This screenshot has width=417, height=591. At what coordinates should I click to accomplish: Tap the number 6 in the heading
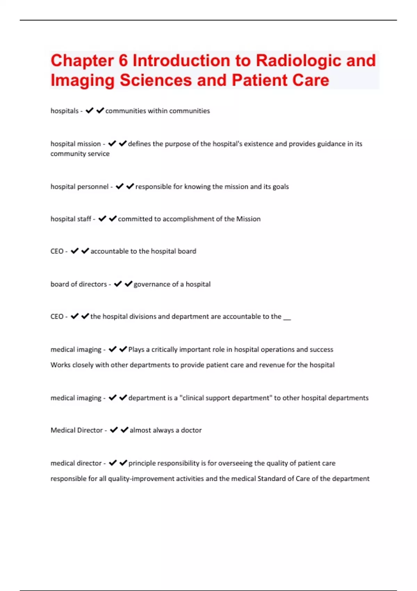click(123, 60)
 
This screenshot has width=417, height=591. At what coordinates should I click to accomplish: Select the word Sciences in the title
click(156, 80)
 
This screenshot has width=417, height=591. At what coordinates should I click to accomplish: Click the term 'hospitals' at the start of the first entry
click(65, 111)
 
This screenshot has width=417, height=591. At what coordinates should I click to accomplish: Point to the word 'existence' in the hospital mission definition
click(259, 144)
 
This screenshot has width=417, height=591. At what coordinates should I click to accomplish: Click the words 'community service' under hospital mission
click(80, 154)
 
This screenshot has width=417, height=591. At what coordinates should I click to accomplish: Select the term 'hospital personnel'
click(80, 187)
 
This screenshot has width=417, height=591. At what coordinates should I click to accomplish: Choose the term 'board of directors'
click(79, 284)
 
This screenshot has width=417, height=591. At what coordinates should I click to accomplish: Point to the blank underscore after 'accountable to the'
click(287, 317)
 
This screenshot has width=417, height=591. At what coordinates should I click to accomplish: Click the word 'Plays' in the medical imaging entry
click(136, 349)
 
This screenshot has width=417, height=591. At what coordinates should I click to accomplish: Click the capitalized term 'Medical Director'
click(76, 430)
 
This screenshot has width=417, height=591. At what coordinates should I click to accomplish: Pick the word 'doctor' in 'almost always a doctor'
click(191, 430)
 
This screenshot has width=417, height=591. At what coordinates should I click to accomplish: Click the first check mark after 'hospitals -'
click(89, 111)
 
